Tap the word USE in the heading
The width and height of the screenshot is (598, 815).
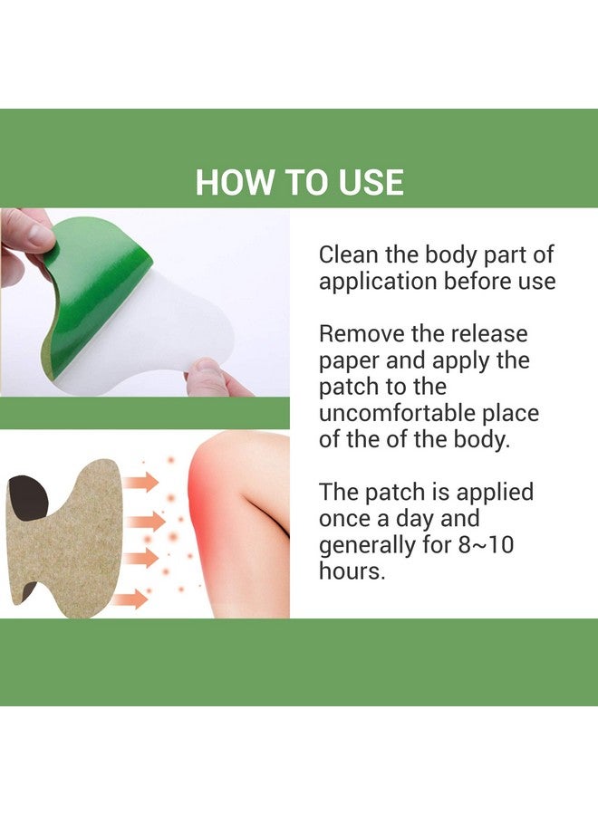pyautogui.click(x=370, y=182)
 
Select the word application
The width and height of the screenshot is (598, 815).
pyautogui.click(x=377, y=281)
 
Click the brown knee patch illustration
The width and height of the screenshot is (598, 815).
pyautogui.click(x=68, y=543)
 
